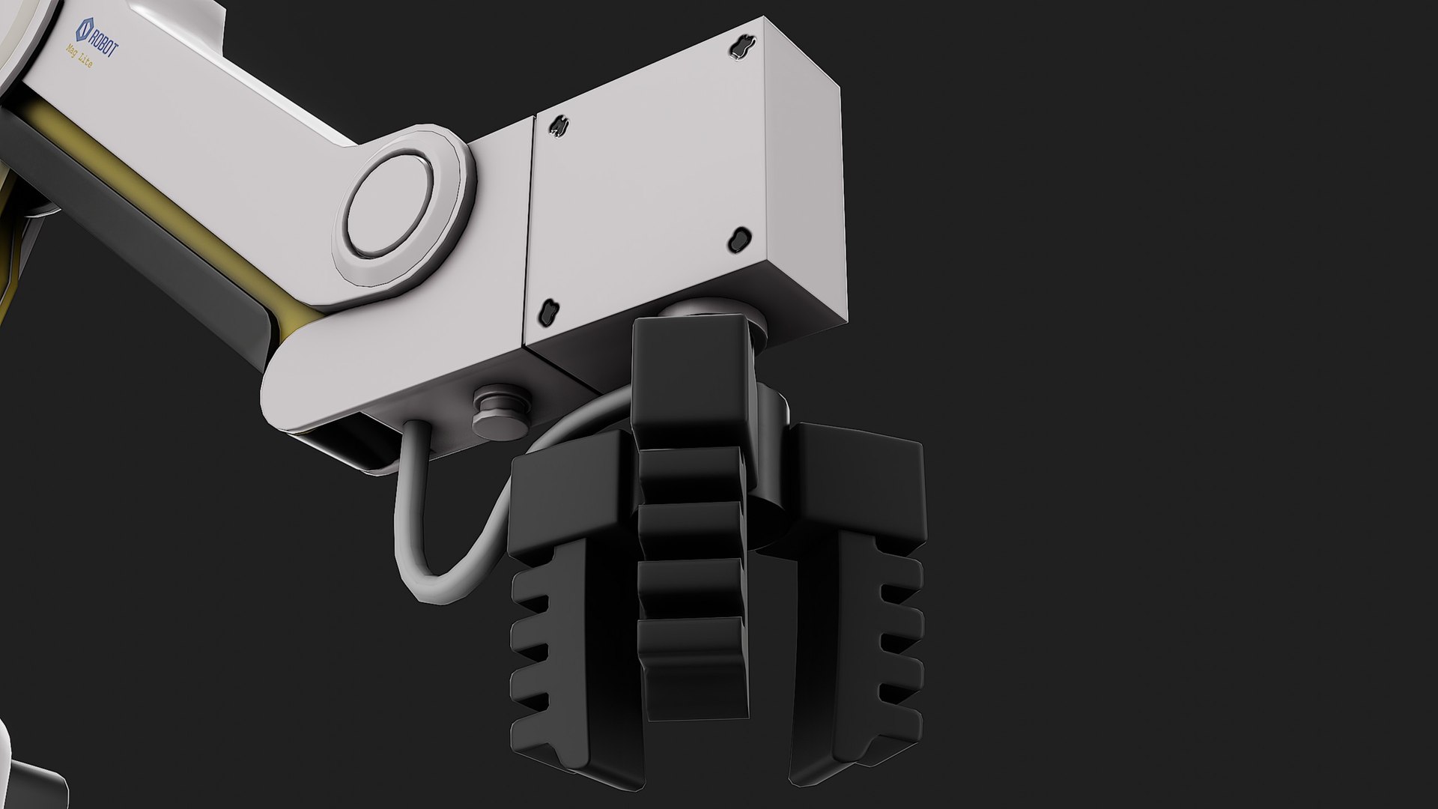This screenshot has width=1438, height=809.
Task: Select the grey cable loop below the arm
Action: [419, 524]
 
